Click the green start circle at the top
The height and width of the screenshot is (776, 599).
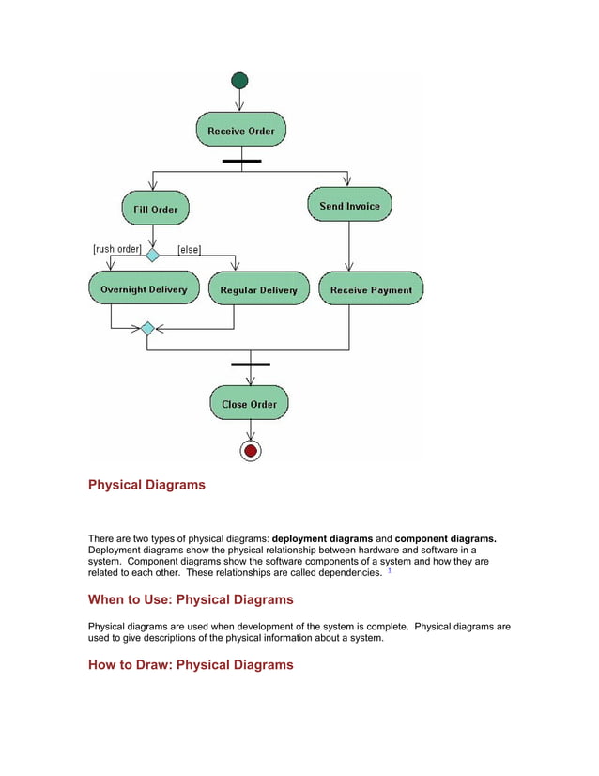click(240, 81)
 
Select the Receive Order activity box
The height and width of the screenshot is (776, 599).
click(241, 131)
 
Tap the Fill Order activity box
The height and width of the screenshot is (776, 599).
click(155, 209)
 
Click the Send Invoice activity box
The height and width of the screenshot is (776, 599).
click(349, 205)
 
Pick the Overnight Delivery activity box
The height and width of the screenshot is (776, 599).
click(144, 289)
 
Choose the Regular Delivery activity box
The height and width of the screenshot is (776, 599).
click(258, 289)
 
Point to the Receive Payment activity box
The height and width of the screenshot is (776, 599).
click(371, 289)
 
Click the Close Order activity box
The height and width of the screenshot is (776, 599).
click(249, 404)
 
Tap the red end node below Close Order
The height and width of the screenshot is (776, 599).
click(250, 451)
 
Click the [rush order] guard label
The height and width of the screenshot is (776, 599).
click(116, 250)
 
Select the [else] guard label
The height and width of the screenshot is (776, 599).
click(190, 250)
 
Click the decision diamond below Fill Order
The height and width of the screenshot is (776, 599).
click(152, 254)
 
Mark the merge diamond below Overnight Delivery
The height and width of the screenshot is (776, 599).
click(147, 329)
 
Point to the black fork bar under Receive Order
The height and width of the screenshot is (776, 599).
click(241, 161)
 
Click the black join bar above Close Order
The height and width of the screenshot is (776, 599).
click(250, 364)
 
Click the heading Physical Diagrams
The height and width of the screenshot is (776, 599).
click(146, 486)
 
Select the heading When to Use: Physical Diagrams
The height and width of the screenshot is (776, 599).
click(191, 599)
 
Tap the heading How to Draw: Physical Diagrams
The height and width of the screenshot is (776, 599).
click(191, 664)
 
